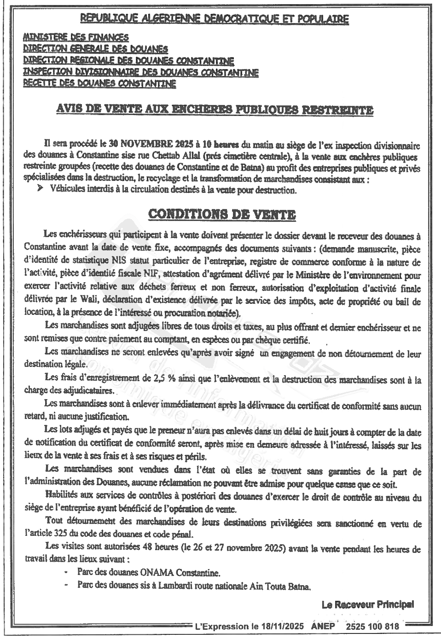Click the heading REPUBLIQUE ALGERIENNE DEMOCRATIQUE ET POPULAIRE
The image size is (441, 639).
pos(214,19)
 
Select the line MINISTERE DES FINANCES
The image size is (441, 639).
pos(76,37)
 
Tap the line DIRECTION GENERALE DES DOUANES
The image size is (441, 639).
pos(95,49)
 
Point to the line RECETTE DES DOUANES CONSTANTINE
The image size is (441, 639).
pos(99,84)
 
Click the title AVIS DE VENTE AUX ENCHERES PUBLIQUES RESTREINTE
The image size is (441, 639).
pos(214,110)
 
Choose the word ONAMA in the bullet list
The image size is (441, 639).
pos(151,574)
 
